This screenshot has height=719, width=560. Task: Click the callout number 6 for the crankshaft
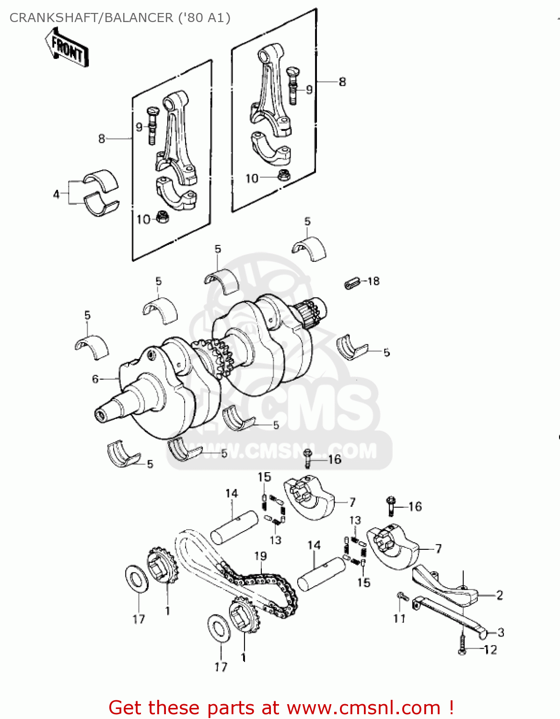tap(95, 379)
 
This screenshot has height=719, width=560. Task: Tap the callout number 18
tap(373, 281)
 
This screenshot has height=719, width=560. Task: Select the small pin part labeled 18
tap(351, 283)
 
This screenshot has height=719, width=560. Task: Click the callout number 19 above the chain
tap(260, 556)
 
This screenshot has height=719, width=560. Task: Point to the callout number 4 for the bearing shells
tap(57, 194)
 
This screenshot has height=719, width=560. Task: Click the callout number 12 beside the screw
tap(490, 650)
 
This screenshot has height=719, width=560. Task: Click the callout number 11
tap(399, 618)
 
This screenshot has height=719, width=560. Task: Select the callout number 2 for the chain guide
tap(500, 595)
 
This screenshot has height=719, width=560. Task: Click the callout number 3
tap(501, 632)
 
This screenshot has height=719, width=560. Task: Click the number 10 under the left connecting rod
tap(143, 220)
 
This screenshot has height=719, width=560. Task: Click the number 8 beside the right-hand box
tap(342, 82)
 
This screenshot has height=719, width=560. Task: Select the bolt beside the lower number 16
tap(390, 506)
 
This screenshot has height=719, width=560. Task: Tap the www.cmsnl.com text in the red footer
tap(363, 707)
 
